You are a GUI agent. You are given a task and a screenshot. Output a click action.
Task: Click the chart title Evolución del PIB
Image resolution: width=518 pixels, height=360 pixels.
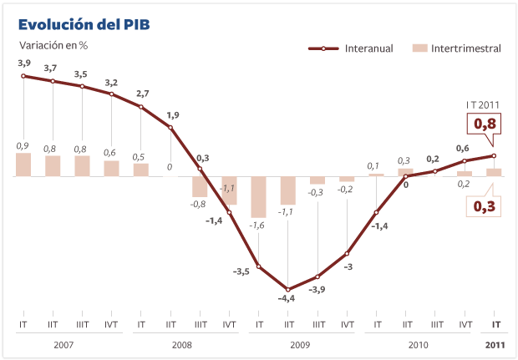(x=84, y=25)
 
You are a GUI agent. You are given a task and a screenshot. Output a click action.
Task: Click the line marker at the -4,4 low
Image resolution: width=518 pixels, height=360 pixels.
(x=288, y=289)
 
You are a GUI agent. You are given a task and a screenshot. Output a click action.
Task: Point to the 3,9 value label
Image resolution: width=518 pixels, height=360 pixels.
(x=24, y=63)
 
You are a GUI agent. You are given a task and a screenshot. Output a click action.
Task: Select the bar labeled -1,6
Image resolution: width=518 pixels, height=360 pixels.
(x=259, y=197)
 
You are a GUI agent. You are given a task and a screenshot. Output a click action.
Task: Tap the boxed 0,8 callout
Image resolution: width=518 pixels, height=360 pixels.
(x=485, y=124)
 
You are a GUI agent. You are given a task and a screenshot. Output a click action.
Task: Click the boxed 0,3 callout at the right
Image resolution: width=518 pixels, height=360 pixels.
(x=485, y=205)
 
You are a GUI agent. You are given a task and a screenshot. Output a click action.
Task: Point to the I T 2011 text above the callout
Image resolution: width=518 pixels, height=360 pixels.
(x=482, y=104)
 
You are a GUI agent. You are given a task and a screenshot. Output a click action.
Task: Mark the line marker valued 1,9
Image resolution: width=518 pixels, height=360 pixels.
(x=170, y=127)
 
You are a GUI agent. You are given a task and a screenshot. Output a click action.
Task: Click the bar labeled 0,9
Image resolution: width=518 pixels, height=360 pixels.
(x=23, y=165)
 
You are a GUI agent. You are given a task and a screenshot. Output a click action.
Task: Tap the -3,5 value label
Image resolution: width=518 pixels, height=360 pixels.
(x=241, y=271)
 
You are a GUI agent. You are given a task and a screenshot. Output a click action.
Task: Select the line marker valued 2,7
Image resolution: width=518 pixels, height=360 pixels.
(x=141, y=107)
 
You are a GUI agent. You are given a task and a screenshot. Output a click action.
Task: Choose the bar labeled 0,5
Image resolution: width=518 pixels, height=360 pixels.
(x=141, y=170)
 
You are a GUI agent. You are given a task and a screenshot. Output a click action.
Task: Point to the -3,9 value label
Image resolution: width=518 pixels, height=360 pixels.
(x=317, y=290)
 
